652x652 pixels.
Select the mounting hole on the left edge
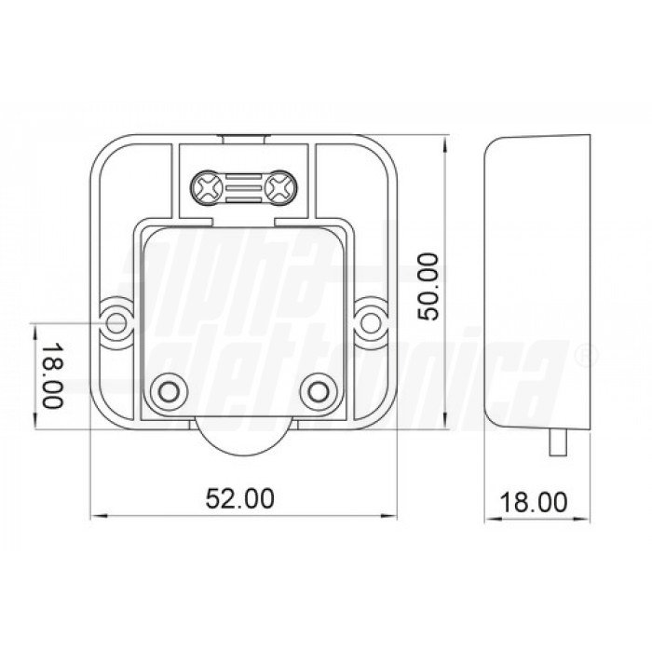pyautogui.click(x=117, y=321)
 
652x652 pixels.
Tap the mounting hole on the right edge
pyautogui.click(x=372, y=321)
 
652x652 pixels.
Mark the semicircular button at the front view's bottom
pyautogui.click(x=244, y=438)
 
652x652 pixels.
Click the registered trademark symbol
pyautogui.click(x=582, y=356)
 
